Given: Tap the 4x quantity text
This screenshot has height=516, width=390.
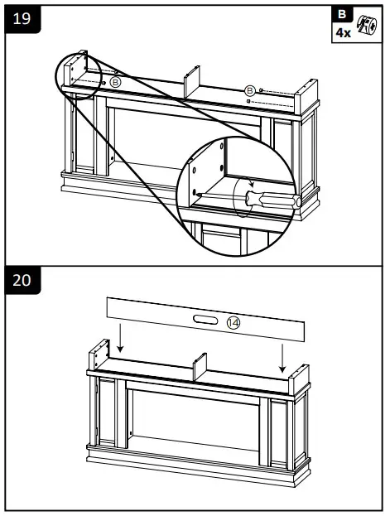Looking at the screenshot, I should point(342,32).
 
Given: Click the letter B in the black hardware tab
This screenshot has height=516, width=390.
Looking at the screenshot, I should point(342,15).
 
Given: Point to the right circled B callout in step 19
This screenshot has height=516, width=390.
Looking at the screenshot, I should point(248,89).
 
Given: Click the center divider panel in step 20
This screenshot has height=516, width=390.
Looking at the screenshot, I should point(199,368).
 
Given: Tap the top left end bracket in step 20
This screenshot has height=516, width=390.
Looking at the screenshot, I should point(99,354).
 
